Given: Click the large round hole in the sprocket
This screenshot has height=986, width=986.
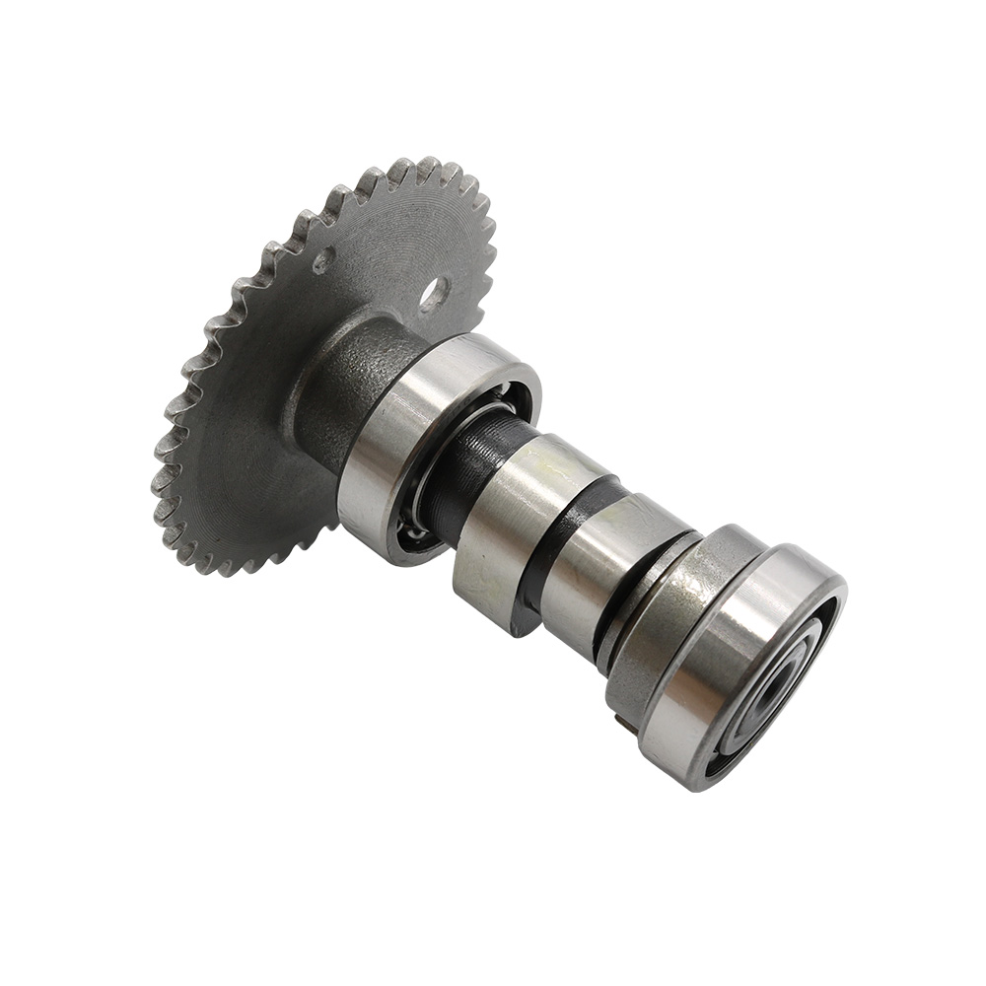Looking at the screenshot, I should [x=433, y=292].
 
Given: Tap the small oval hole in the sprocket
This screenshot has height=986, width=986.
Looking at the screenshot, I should [x=322, y=261].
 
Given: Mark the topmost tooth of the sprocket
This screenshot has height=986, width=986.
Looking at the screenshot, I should [x=429, y=164].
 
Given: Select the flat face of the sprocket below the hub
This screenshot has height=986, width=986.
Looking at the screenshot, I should [x=256, y=473].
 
